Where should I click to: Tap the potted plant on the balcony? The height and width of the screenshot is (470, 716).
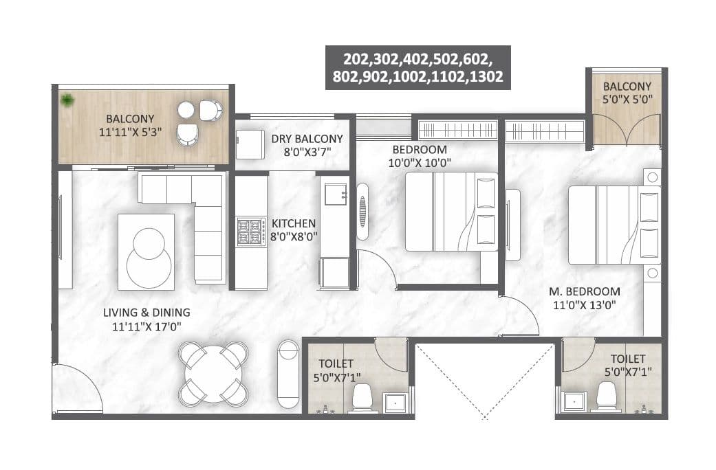tap(67, 100)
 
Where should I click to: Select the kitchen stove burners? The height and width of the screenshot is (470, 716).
tap(251, 232)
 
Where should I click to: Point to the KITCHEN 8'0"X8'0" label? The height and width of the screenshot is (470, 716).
tap(294, 230)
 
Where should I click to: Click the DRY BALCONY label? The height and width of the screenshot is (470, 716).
tap(306, 145)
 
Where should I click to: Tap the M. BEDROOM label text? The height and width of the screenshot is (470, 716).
tap(584, 297)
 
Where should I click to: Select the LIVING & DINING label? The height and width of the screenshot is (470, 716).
tap(147, 319)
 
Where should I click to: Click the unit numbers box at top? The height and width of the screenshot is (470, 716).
tap(417, 67)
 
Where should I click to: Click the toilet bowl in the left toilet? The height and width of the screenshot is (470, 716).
tap(362, 398)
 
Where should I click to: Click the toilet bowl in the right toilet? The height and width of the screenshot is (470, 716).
tap(606, 396)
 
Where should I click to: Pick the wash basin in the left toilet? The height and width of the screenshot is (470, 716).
tap(395, 402)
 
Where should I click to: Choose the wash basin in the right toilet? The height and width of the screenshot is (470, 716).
tap(573, 402)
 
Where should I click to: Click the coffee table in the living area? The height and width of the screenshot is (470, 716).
tap(146, 251)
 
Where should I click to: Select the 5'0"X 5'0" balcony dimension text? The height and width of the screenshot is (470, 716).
tap(627, 99)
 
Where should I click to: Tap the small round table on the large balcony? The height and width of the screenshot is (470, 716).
tap(186, 109)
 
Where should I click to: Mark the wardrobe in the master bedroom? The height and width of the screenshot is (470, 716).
tap(544, 131)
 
